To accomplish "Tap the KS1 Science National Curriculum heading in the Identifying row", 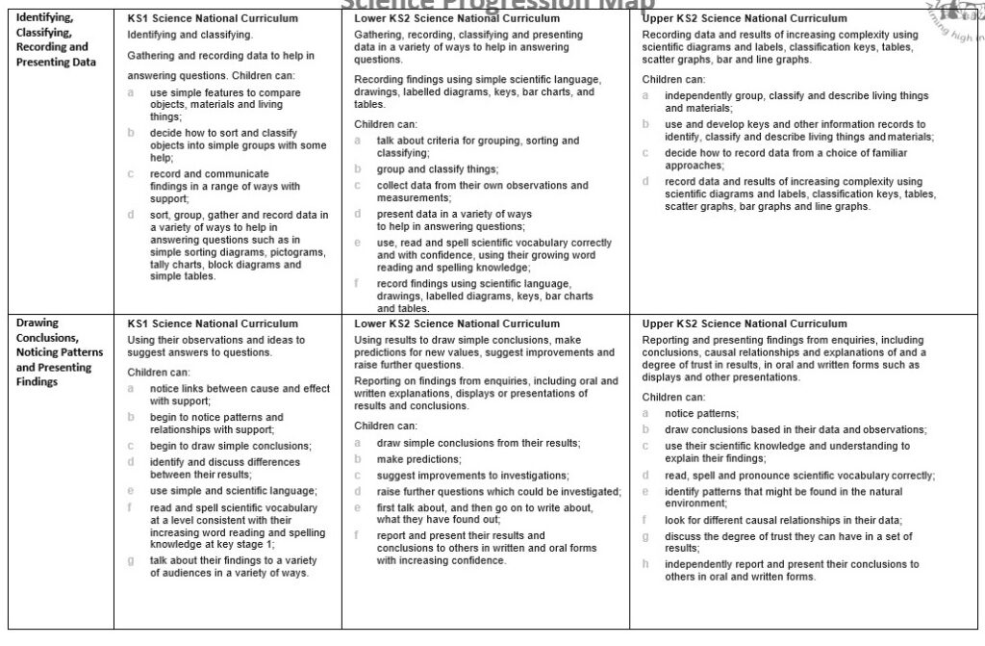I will [213, 18].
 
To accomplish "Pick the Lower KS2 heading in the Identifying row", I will [457, 18].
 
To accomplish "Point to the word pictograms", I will [296, 251].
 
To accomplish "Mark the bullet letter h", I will [646, 564].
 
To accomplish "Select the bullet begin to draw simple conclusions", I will [231, 446].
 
